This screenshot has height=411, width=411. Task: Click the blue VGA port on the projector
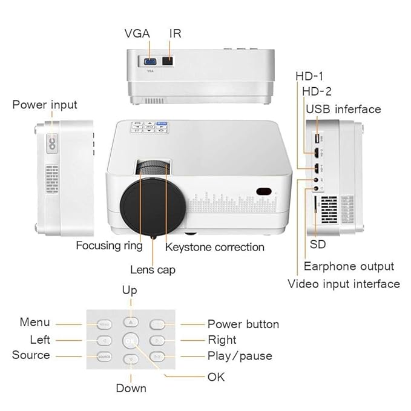click(148, 61)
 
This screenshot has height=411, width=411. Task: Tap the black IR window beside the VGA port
click(169, 61)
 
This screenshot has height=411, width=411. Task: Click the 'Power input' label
click(45, 105)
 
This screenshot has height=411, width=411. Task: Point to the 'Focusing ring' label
click(109, 246)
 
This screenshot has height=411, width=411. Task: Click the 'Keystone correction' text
click(215, 247)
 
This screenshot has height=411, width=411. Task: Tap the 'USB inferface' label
click(343, 109)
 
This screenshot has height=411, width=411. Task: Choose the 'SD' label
click(318, 245)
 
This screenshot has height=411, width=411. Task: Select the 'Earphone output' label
click(349, 266)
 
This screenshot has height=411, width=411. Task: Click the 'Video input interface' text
click(343, 283)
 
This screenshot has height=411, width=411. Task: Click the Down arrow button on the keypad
click(130, 359)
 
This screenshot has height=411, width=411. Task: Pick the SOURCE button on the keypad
click(104, 357)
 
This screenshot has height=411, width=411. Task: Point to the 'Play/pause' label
click(240, 356)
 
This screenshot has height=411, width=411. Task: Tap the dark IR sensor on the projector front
click(263, 191)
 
